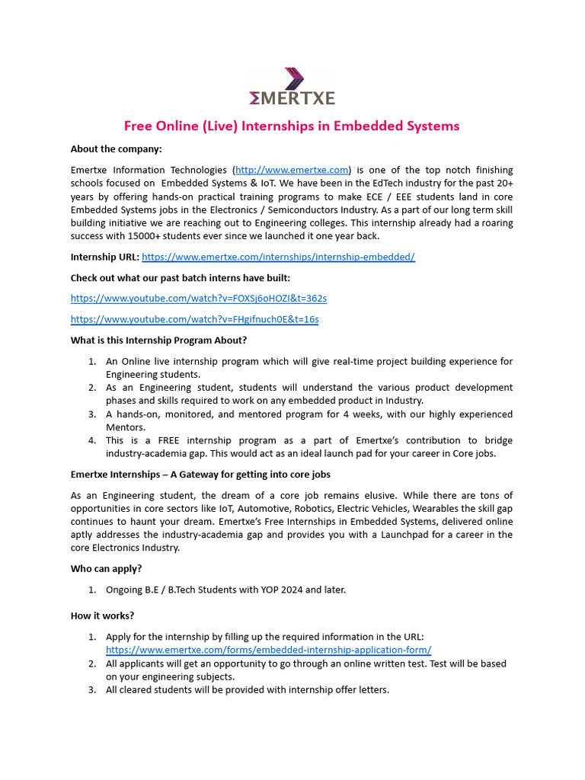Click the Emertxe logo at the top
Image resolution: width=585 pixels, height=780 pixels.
[292, 86]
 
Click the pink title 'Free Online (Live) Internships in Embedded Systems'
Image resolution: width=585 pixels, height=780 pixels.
[292, 126]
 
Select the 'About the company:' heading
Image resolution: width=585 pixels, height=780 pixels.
[117, 149]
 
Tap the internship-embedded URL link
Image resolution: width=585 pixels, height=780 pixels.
[278, 257]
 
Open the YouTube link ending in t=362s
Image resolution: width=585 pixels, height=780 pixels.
[198, 298]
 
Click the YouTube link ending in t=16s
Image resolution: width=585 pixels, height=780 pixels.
[194, 319]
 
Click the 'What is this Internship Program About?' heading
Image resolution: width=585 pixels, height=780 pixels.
[158, 340]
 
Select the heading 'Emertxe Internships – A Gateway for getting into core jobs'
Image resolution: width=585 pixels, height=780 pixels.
[200, 475]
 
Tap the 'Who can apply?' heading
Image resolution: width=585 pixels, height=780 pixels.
[106, 568]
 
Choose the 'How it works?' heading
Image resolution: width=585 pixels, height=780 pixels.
[103, 615]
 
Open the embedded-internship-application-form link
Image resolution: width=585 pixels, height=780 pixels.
[268, 650]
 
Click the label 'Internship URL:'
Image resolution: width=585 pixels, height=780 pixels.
[105, 257]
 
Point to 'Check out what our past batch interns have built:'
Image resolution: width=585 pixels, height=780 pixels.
[180, 277]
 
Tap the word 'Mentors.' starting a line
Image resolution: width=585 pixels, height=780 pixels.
[125, 427]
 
